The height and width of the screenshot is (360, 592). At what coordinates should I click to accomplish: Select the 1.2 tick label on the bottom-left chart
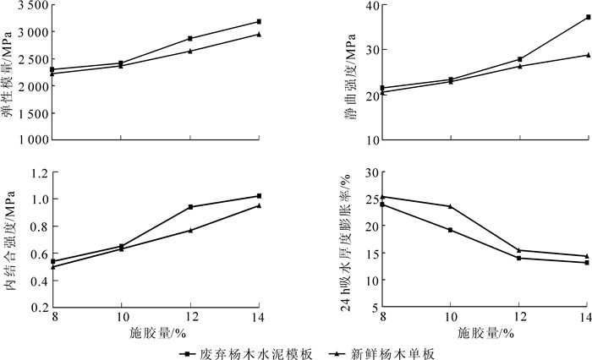(36, 172)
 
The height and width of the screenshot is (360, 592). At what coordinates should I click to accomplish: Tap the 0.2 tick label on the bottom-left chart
(36, 308)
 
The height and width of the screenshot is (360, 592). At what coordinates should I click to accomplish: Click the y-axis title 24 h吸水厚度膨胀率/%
(347, 241)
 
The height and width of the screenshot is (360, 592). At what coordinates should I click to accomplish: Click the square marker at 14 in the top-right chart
(587, 17)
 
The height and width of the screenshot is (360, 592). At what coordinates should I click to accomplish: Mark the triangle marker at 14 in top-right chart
(587, 55)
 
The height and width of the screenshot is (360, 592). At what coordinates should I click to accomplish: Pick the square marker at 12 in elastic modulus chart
(190, 38)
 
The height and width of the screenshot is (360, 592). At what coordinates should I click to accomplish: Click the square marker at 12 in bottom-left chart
(190, 207)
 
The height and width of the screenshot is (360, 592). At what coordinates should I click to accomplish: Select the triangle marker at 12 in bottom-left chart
(190, 230)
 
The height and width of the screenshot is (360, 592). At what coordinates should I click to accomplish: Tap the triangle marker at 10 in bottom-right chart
(451, 206)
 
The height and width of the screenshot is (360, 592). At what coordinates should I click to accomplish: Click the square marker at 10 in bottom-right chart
(451, 230)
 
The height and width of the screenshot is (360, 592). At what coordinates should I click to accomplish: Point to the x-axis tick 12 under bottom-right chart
(518, 315)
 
